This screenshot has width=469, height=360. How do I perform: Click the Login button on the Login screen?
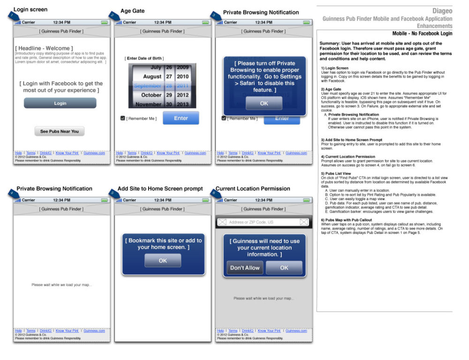(x=60, y=103)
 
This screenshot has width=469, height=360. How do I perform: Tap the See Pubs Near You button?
(x=60, y=131)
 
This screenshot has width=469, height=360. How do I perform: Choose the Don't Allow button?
(x=245, y=268)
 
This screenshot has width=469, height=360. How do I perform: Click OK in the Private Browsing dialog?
(x=264, y=103)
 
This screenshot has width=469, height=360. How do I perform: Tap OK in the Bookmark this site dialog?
(x=162, y=260)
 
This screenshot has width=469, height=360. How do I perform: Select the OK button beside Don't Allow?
(x=284, y=268)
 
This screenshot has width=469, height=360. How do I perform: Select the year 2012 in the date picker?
(x=182, y=95)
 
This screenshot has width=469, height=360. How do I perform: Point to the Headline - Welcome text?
(x=44, y=48)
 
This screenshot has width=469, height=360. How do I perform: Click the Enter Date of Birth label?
(x=144, y=58)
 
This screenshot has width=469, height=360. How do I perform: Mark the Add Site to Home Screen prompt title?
(x=160, y=189)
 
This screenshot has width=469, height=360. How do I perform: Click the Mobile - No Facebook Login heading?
(x=422, y=34)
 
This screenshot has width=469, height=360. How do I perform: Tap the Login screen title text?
(x=30, y=9)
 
